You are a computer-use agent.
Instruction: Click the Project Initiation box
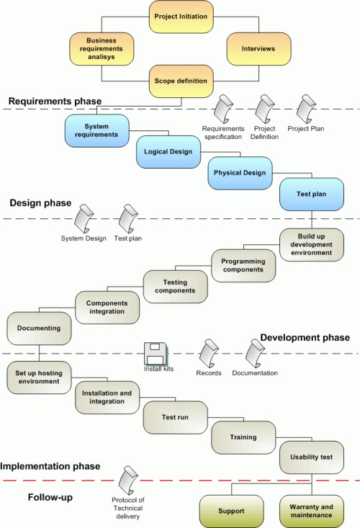181,17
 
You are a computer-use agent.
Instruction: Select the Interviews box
258,49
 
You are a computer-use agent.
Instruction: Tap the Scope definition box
181,81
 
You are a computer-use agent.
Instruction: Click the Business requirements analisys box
102,49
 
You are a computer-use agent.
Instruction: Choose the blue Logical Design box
168,152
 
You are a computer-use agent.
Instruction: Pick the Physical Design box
240,173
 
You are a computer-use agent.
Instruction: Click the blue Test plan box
312,194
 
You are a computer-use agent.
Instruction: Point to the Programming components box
243,265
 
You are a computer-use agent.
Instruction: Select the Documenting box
39,328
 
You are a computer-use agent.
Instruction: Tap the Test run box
175,418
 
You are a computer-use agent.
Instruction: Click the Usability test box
312,457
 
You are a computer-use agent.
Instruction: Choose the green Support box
231,511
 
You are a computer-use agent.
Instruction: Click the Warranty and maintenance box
312,511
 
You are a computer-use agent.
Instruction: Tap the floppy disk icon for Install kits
155,354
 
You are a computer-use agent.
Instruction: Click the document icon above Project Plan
306,109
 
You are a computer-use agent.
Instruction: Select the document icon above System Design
84,218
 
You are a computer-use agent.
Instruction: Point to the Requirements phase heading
55,102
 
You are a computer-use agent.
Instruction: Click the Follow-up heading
50,497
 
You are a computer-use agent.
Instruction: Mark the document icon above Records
209,354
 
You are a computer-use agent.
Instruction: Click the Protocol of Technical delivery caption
128,508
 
